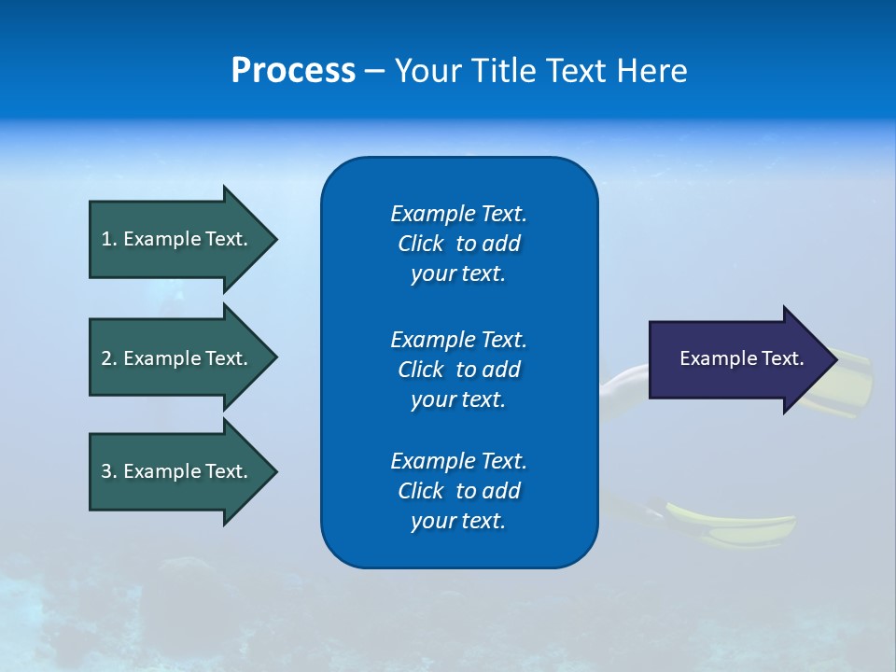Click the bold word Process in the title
coord(293,71)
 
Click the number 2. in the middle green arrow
coord(109,358)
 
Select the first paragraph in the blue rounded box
coord(458,244)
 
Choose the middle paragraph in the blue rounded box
coord(458,369)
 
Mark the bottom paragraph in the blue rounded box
coord(458,491)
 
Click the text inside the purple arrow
coord(742,358)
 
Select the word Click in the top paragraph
coord(420,244)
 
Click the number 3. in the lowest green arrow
coord(109,471)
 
